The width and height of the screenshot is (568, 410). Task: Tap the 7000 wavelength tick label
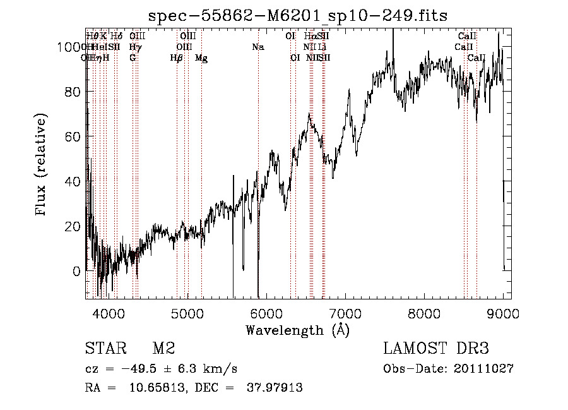[x=345, y=311]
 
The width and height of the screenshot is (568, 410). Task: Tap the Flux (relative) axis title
[x=42, y=166]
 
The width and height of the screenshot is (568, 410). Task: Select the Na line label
[x=257, y=47]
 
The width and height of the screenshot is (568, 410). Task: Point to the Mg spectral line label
[x=201, y=58]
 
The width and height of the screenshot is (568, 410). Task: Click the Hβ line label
[x=177, y=58]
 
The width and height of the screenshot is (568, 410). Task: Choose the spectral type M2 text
[x=163, y=348]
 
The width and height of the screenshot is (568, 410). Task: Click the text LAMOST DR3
[x=436, y=348]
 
